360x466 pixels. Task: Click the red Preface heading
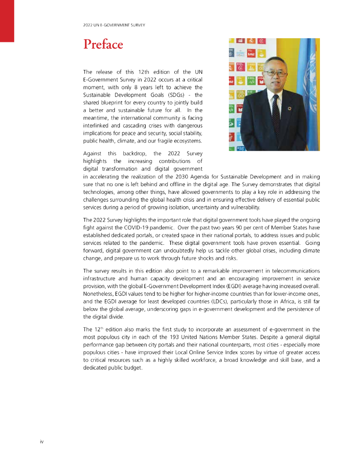click(103, 45)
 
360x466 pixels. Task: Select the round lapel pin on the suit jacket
click(289, 109)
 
